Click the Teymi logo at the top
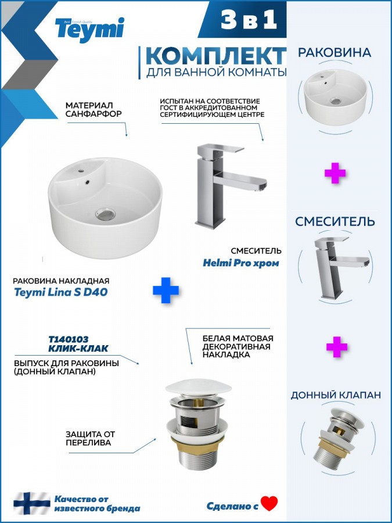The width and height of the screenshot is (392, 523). (89, 30)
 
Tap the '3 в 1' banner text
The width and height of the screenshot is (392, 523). (249, 19)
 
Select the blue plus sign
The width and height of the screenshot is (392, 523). (166, 290)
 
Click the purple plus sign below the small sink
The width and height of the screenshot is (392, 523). (335, 173)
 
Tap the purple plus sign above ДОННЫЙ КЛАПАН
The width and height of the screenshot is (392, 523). (337, 346)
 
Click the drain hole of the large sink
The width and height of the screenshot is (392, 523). (106, 214)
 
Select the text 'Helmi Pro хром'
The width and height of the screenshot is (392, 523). (241, 263)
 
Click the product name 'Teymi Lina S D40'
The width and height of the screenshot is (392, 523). (60, 292)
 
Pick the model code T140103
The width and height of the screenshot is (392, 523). (69, 339)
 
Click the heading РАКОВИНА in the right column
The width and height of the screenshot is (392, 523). (335, 52)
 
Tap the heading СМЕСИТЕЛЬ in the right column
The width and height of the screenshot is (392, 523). (335, 221)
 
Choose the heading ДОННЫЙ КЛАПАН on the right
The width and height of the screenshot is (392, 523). (336, 395)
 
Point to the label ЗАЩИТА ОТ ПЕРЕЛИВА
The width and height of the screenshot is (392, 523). (90, 438)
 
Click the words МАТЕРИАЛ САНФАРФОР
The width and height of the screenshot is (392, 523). (93, 109)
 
